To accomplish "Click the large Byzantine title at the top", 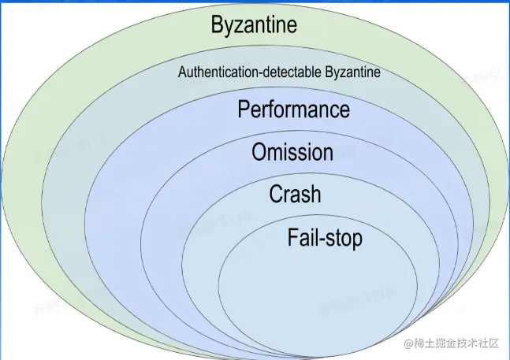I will click(254, 25).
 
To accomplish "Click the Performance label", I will click(293, 109).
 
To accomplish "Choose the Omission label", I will click(292, 152).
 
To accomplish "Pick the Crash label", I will click(295, 194).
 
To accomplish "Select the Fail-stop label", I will click(325, 237).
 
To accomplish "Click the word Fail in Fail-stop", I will click(302, 236).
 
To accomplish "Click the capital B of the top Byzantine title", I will click(218, 24).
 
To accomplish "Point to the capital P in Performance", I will click(244, 109).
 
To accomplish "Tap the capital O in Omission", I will click(259, 152).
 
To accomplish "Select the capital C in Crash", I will click(277, 194).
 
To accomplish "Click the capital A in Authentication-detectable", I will click(182, 72).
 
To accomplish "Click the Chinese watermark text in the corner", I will click(458, 343).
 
